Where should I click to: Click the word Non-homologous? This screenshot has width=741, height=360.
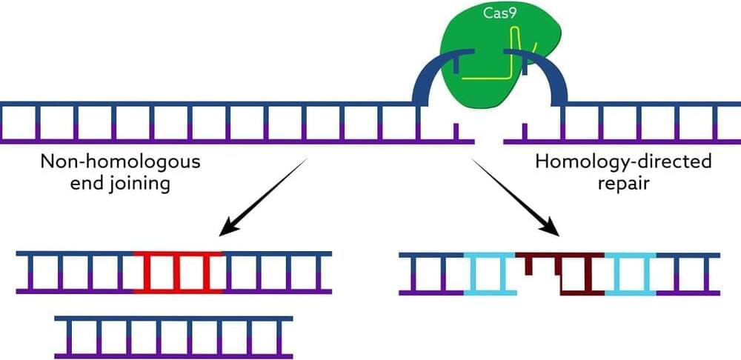tap(120, 161)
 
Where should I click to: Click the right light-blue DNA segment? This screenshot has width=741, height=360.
tap(631, 273)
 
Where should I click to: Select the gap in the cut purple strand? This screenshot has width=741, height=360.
tap(488, 139)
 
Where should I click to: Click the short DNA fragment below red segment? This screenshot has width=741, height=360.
tap(173, 337)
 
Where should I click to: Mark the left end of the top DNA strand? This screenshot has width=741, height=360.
tap(3, 104)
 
